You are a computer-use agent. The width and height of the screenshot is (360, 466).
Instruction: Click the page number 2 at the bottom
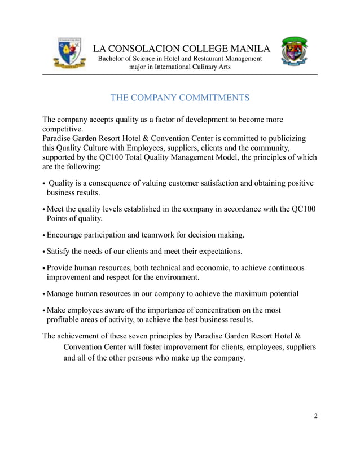pyautogui.click(x=316, y=416)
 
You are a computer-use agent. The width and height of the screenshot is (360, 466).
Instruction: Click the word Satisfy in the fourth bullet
pyautogui.click(x=59, y=251)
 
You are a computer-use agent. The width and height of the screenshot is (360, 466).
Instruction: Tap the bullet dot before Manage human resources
pyautogui.click(x=44, y=294)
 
